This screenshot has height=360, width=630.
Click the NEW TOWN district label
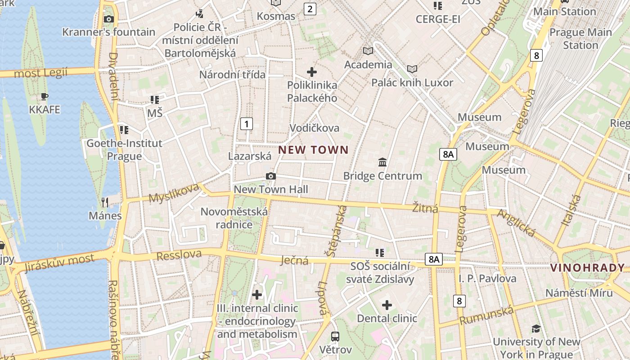tap(314, 150)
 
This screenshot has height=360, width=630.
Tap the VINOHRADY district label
tap(588, 268)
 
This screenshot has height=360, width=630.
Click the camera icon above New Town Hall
tap(270, 176)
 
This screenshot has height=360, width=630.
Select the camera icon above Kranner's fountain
tap(108, 19)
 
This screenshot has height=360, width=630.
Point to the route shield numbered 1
tap(246, 124)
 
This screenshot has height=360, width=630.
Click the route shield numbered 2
tap(310, 9)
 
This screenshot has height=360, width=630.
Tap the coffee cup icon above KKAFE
tap(44, 96)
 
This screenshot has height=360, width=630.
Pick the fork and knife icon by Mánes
tap(105, 202)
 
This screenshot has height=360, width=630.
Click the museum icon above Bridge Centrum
tap(382, 162)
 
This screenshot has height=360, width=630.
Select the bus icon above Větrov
tap(335, 336)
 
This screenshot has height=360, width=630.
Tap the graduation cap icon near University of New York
tap(535, 328)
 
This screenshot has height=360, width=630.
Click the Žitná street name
tap(425, 208)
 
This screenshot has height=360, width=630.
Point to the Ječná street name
tap(295, 260)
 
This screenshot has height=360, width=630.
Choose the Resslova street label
tap(179, 255)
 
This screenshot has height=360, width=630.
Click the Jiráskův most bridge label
tap(59, 262)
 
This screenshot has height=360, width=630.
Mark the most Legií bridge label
tap(40, 73)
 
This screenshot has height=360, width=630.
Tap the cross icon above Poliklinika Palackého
tap(311, 72)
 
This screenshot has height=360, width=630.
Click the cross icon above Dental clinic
tap(387, 305)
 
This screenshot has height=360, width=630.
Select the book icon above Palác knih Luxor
tap(412, 69)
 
